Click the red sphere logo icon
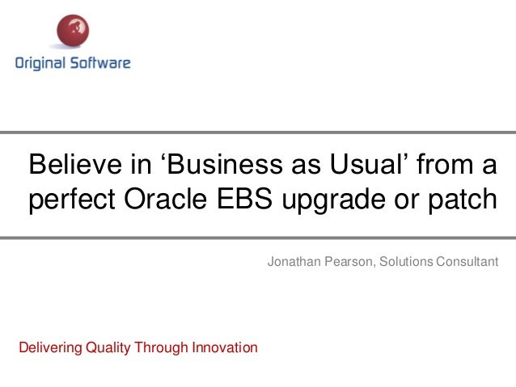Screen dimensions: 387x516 [73, 32]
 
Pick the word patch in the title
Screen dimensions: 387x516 [459, 199]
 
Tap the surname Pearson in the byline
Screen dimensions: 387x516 [345, 262]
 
